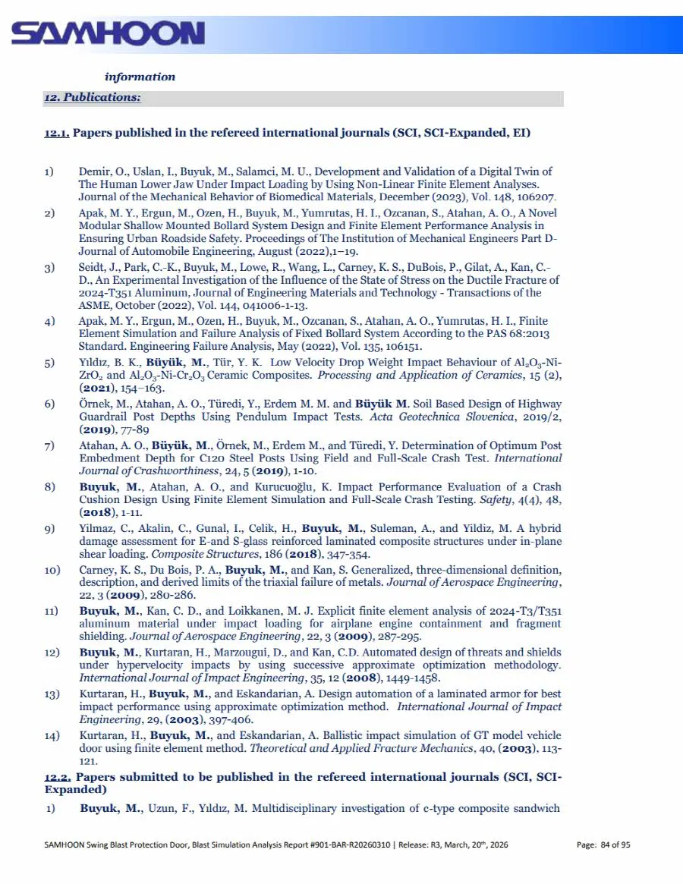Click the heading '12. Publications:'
point(92,98)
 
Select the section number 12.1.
point(56,134)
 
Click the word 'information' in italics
point(140,77)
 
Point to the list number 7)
point(49,445)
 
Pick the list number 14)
point(52,735)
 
